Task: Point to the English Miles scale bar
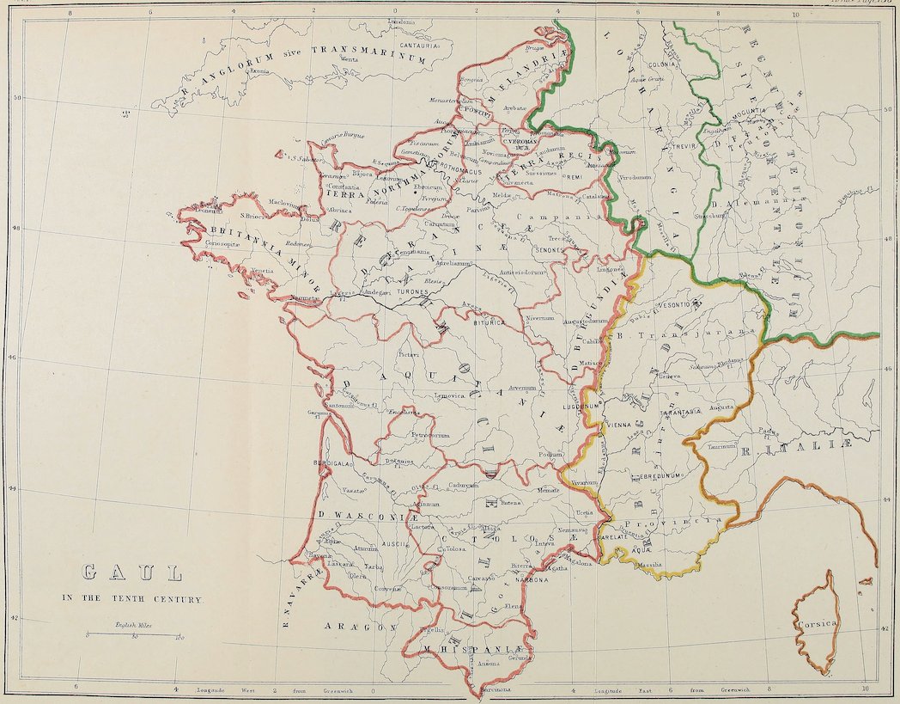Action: pyautogui.click(x=133, y=635)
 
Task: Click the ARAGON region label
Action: pyautogui.click(x=354, y=628)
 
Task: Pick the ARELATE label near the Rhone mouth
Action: pyautogui.click(x=614, y=536)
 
